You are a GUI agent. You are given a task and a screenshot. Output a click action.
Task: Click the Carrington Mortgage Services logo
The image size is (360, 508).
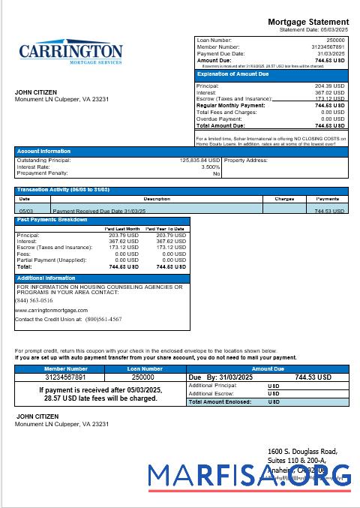[70, 54]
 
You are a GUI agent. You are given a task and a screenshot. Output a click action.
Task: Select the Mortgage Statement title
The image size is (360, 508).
[308, 22]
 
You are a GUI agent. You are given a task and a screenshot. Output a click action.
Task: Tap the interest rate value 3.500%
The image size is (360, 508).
[211, 167]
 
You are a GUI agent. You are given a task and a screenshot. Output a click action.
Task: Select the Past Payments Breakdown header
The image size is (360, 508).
[52, 220]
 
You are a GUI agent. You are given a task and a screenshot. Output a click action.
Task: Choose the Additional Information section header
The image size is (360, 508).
[46, 278]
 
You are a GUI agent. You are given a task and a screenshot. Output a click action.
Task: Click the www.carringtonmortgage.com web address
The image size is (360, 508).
[51, 310]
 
